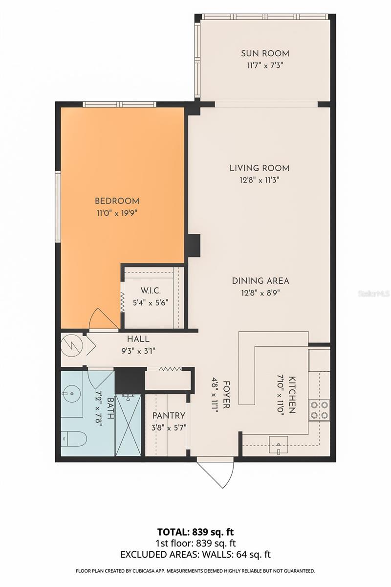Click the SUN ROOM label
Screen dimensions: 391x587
point(265,53)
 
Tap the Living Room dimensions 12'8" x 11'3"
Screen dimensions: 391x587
point(259,181)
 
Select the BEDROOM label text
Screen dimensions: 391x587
point(117,201)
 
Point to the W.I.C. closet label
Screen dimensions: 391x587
point(151,291)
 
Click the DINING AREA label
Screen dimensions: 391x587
point(261,281)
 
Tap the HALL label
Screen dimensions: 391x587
point(138,339)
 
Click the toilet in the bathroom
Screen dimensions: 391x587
point(74,439)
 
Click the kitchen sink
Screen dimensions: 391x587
point(279,445)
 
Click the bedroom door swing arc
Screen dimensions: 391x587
point(104,318)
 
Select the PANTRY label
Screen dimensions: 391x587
point(169,416)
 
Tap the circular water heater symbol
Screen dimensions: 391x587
point(71,345)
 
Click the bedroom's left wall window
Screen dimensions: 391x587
point(58,207)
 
